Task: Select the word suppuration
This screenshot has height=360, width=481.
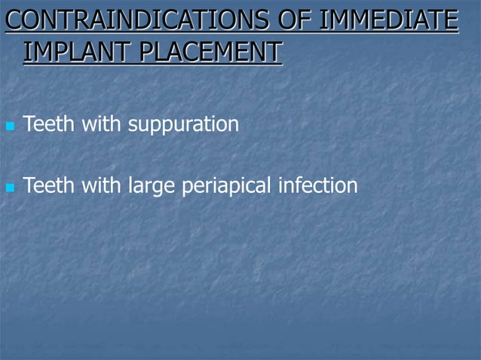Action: click(x=183, y=124)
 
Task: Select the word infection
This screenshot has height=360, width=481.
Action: click(x=318, y=184)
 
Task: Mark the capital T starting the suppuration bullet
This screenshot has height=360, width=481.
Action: click(x=29, y=123)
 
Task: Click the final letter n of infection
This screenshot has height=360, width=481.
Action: click(x=353, y=185)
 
